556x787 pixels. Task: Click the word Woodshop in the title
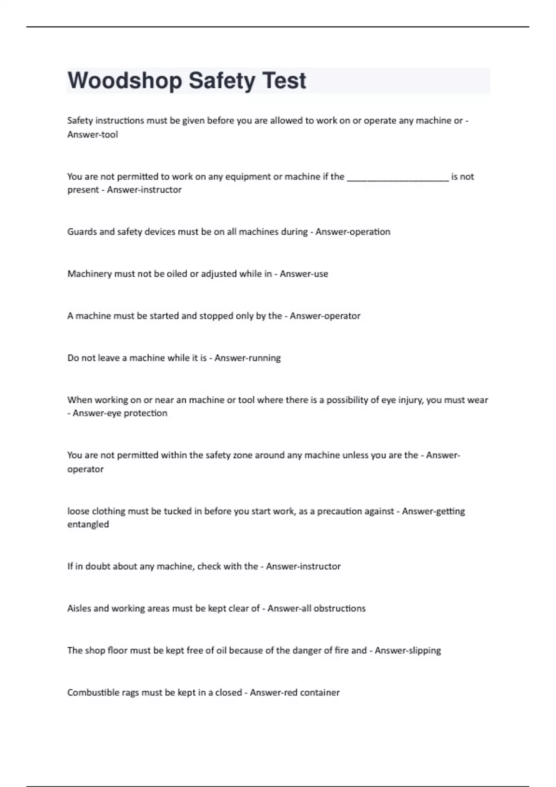[125, 81]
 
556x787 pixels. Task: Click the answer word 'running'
[264, 358]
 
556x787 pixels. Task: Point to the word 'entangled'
[88, 525]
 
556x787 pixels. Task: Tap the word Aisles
[79, 609]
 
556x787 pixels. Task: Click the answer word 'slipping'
[423, 651]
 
